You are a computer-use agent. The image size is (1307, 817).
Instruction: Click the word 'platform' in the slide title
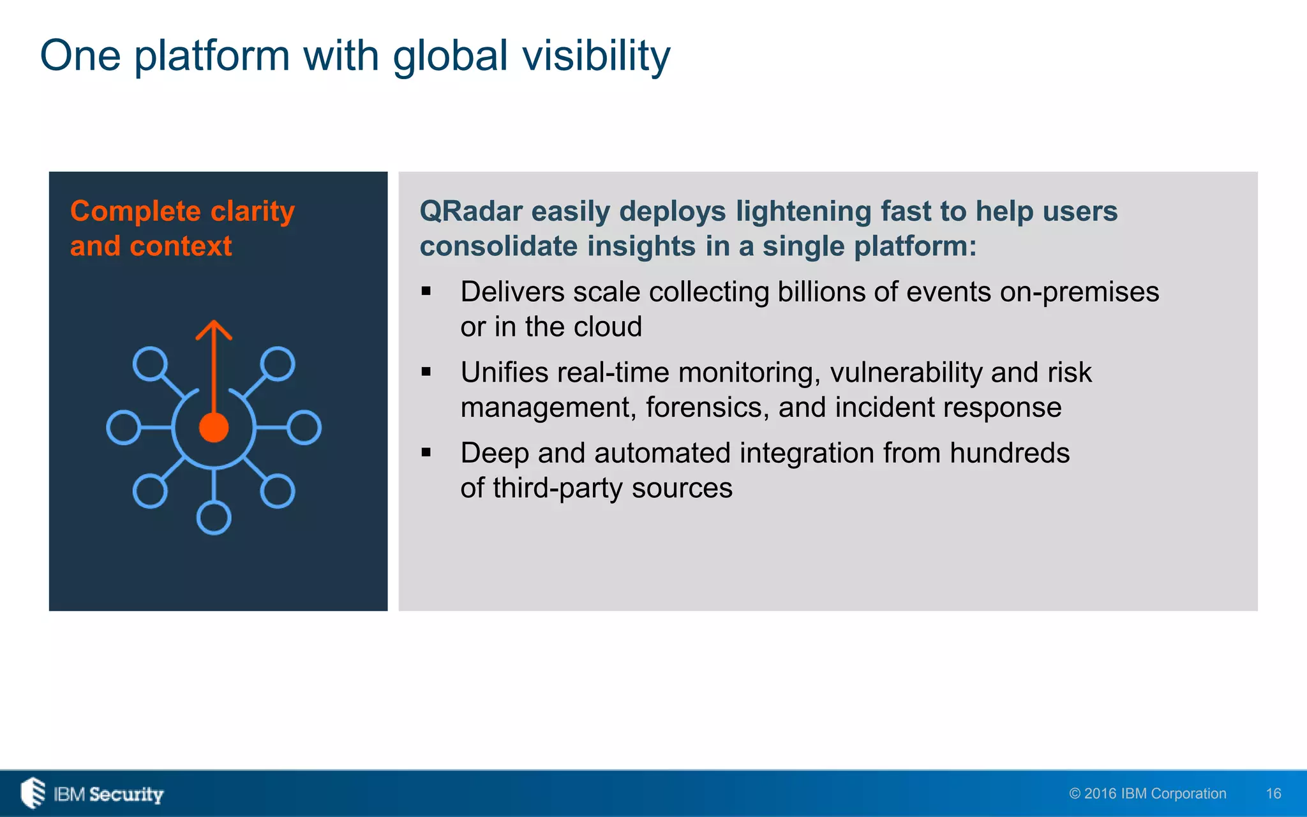[212, 56]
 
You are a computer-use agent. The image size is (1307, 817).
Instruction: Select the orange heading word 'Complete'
[135, 211]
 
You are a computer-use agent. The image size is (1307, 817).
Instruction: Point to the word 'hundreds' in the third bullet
[1009, 453]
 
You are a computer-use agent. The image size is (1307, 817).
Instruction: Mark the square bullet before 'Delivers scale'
[426, 292]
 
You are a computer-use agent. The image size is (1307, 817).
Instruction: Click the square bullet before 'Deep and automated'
[426, 453]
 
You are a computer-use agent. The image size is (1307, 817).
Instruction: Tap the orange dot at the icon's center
[214, 428]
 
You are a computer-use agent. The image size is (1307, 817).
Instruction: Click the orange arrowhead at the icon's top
[214, 329]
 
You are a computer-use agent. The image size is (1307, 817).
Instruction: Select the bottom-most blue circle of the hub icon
[214, 518]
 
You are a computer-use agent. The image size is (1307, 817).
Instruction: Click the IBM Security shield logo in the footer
[33, 793]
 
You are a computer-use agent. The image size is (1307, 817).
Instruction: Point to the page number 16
[1273, 793]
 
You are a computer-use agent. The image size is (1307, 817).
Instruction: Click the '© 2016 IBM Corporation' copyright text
[1147, 793]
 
